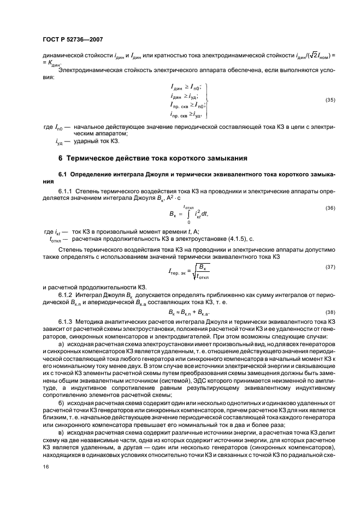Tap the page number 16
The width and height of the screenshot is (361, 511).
click(x=45, y=466)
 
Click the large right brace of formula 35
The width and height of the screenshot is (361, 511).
click(x=209, y=100)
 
